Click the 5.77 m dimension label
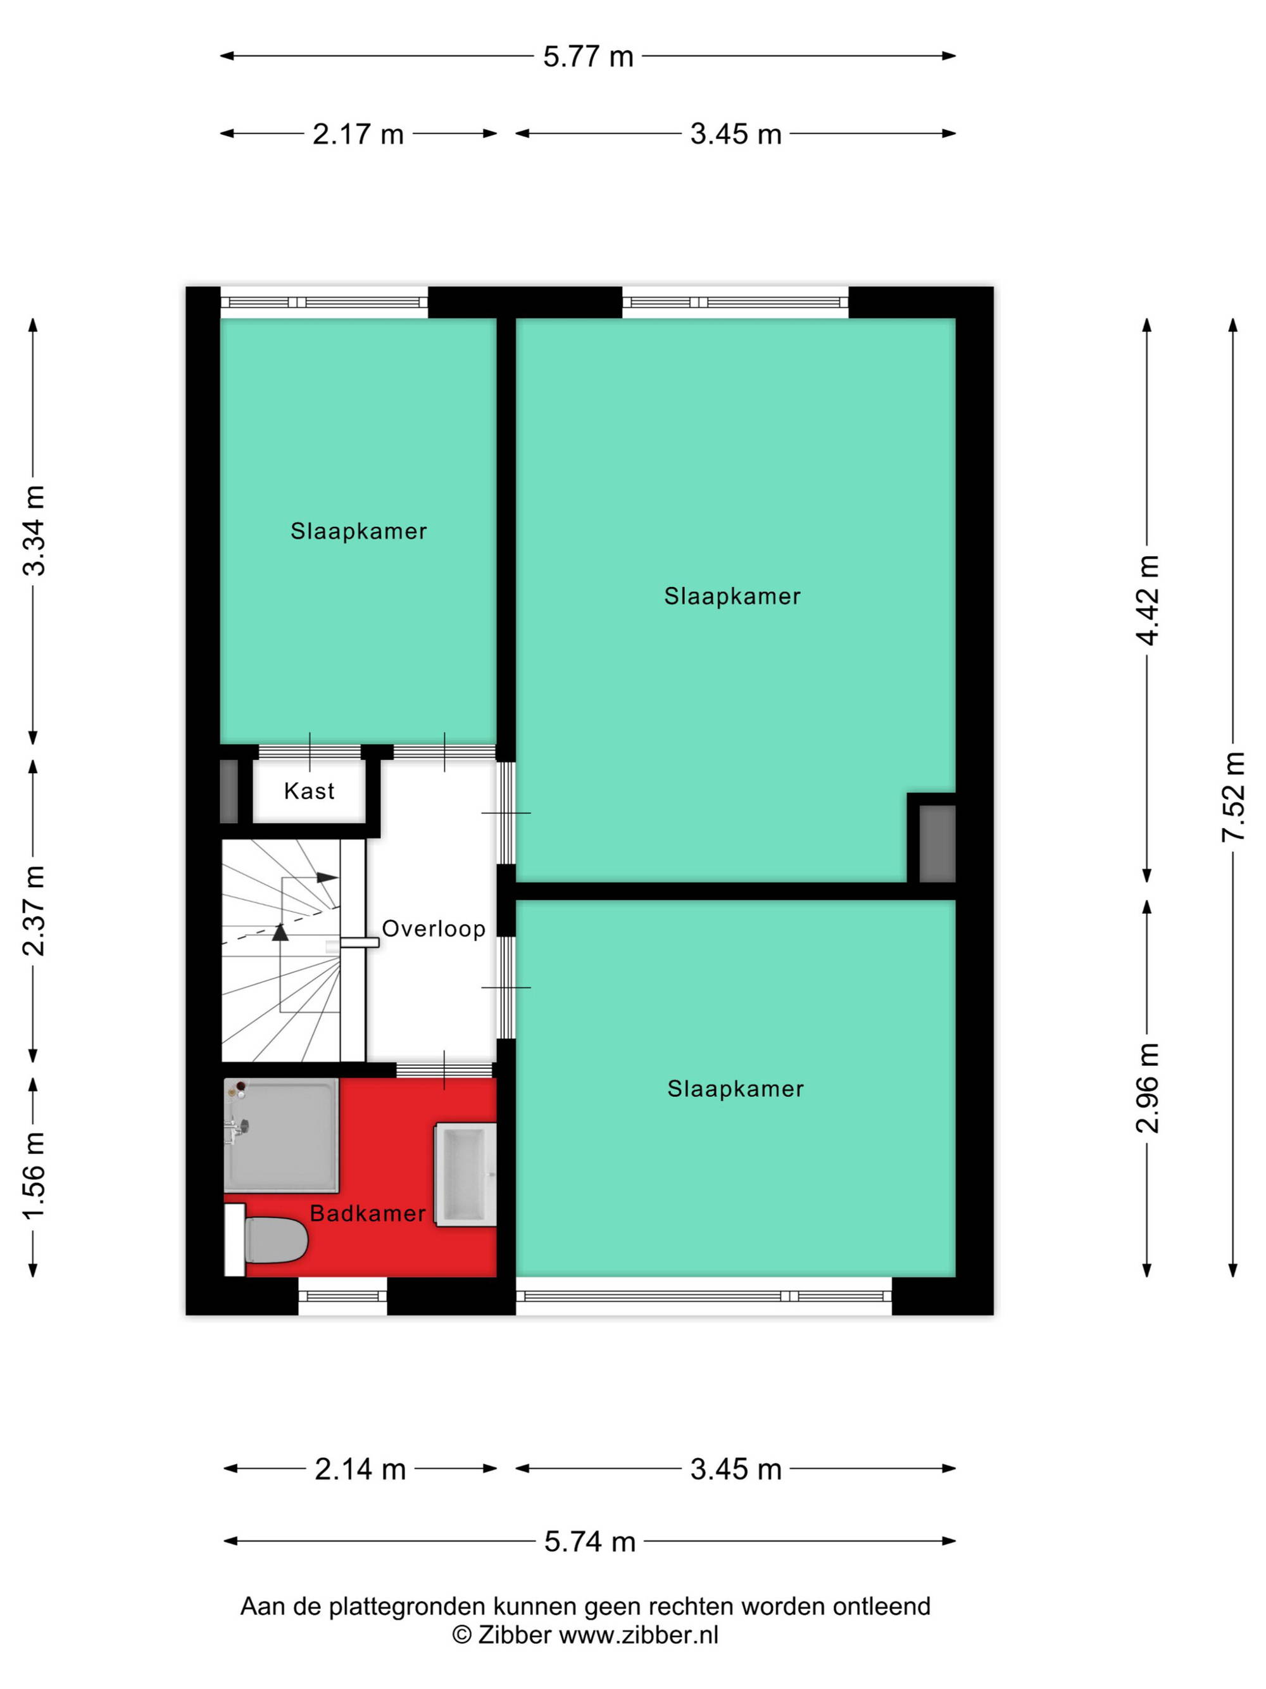pos(587,57)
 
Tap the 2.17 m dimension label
pos(358,134)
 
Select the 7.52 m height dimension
pos(1233,797)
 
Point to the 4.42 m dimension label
pos(1147,600)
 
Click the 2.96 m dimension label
pos(1147,1087)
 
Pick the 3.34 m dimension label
pos(34,530)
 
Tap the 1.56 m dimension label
pos(34,1176)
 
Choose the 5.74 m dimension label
pos(589,1541)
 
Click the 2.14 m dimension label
pos(360,1469)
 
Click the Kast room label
pos(309,791)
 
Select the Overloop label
pos(434,928)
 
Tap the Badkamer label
pos(368,1213)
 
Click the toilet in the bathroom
pos(266,1240)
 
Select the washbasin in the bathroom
pos(465,1174)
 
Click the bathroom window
pos(342,1296)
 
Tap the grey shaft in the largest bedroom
pos(937,844)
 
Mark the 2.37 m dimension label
pos(34,911)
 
